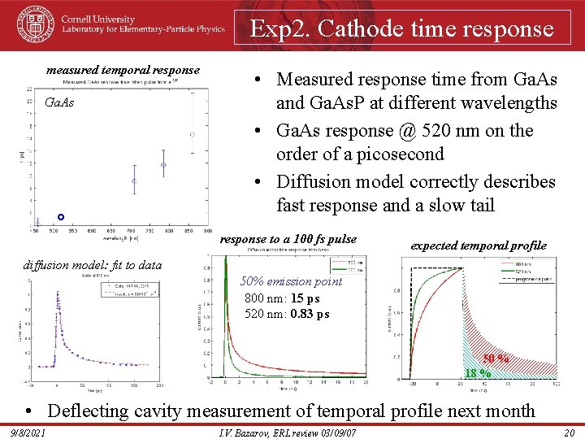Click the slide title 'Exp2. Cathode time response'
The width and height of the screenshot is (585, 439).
(x=402, y=28)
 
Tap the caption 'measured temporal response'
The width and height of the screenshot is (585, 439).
(x=123, y=70)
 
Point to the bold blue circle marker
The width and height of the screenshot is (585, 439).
(x=61, y=217)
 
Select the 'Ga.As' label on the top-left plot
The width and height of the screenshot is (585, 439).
(x=59, y=102)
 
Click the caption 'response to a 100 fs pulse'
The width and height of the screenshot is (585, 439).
(x=288, y=239)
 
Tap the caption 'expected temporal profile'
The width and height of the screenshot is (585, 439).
(x=479, y=246)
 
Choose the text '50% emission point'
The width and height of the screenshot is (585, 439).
(x=292, y=281)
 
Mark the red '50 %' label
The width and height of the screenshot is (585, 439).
(x=496, y=359)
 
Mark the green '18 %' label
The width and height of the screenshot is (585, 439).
(x=477, y=373)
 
